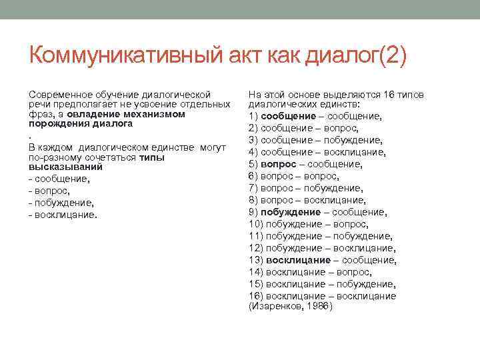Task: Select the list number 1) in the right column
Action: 253,116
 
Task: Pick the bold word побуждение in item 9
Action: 291,212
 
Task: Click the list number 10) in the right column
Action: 255,224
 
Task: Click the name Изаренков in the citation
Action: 275,307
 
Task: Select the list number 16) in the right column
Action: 255,296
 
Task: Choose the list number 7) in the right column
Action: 253,188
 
